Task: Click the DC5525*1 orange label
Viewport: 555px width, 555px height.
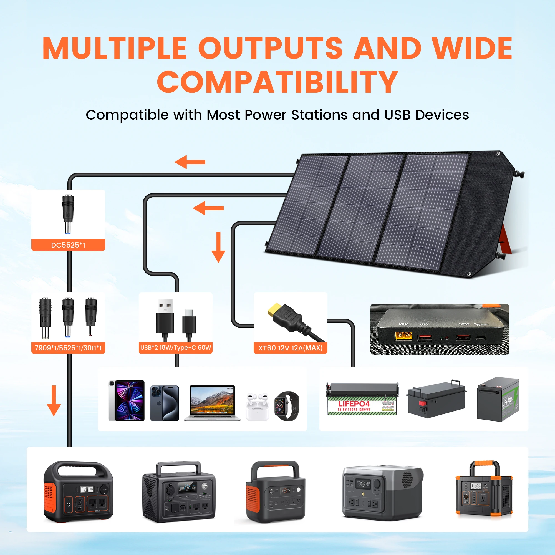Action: click(x=68, y=245)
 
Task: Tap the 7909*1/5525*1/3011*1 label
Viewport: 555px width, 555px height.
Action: click(x=68, y=348)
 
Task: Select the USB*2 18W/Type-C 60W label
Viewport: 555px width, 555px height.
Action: click(x=176, y=348)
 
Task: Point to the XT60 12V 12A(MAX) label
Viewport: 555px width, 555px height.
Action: click(x=291, y=348)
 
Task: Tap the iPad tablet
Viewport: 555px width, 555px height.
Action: click(x=126, y=401)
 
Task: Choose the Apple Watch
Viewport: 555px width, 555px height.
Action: click(x=286, y=406)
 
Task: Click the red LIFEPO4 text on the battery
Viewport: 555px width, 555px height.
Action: click(x=354, y=403)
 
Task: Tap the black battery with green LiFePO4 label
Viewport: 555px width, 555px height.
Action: click(x=498, y=399)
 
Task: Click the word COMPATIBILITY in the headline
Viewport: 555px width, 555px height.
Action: click(x=277, y=82)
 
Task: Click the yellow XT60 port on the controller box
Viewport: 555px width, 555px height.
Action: click(x=403, y=335)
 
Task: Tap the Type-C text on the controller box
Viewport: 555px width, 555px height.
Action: click(x=481, y=324)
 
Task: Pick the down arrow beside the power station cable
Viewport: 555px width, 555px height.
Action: click(x=54, y=400)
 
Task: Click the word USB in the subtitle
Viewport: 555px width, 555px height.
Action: click(x=397, y=115)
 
